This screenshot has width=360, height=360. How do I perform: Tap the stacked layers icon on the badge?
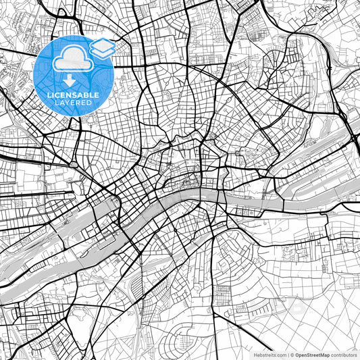pyautogui.click(x=102, y=49)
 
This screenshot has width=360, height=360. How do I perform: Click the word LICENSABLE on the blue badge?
pyautogui.click(x=74, y=95)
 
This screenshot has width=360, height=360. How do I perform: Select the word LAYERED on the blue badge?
pyautogui.click(x=74, y=102)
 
